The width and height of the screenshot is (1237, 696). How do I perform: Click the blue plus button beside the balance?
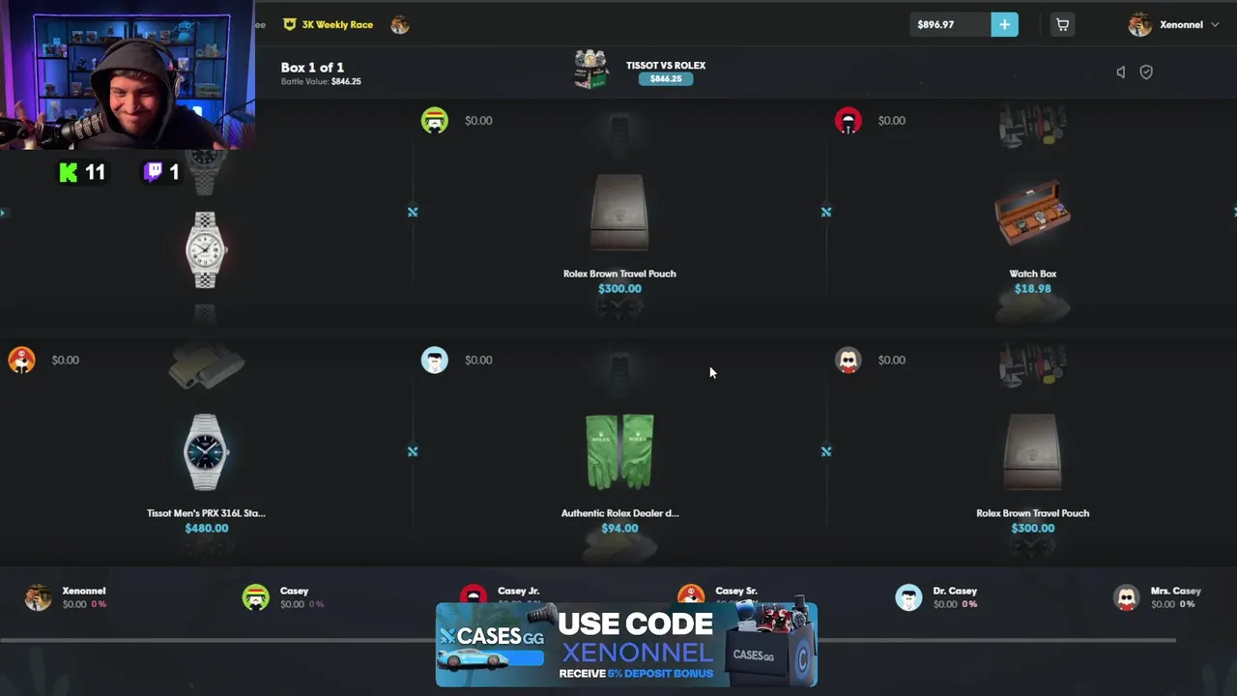pos(1004,25)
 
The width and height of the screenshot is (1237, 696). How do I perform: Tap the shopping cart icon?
pos(1062,25)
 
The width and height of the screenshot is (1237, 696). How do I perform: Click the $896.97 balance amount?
pos(935,25)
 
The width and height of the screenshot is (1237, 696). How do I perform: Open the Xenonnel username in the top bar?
pos(1181,25)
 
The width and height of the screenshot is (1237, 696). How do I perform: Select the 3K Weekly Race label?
pos(337,25)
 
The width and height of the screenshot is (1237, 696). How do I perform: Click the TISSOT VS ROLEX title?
pos(665,66)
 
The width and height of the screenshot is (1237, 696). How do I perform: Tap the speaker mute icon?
pos(1121,72)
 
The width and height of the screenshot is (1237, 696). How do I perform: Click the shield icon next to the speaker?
pos(1146,72)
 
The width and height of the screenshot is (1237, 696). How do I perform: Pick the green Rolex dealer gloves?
pos(619,450)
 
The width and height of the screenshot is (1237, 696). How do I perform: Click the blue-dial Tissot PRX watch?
pos(206,451)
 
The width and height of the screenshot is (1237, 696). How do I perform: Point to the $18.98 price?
pos(1032,289)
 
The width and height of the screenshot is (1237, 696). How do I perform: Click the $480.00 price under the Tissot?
pos(206,529)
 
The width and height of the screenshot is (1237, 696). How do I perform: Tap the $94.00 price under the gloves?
pos(619,529)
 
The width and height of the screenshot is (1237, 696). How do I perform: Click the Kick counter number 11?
pos(95,173)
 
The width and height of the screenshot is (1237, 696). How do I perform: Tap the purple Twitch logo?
pos(153,173)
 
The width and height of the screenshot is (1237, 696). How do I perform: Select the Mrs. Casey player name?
pos(1175,591)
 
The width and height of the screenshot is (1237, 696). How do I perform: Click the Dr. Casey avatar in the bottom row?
pos(908,597)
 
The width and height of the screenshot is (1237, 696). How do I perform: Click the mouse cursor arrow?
pos(712,372)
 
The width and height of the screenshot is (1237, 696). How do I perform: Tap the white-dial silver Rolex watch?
pos(205,250)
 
